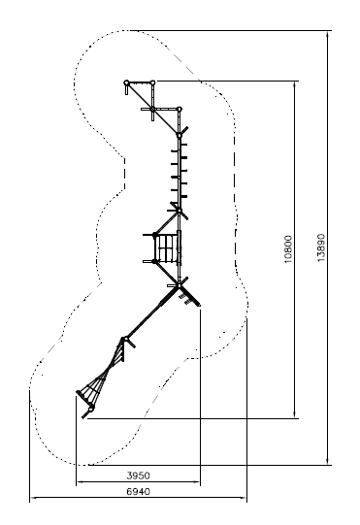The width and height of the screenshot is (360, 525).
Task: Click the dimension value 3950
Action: pyautogui.click(x=138, y=476)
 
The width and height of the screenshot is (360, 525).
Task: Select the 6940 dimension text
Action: pyautogui.click(x=138, y=491)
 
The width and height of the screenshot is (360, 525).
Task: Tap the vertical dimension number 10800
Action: pyautogui.click(x=288, y=249)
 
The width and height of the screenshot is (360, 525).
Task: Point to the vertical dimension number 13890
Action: pyautogui.click(x=321, y=247)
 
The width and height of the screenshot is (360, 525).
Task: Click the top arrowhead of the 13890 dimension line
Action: pyautogui.click(x=328, y=34)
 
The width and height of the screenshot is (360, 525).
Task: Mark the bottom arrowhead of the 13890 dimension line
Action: pyautogui.click(x=328, y=461)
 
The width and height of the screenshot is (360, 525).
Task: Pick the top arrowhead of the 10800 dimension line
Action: pyautogui.click(x=295, y=84)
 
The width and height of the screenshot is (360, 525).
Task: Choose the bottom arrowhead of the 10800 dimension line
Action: pyautogui.click(x=295, y=414)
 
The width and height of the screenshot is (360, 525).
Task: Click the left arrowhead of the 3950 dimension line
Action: pyautogui.click(x=80, y=482)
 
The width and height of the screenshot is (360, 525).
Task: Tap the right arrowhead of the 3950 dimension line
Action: pyautogui.click(x=197, y=482)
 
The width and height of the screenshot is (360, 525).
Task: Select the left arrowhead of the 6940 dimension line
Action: pyautogui.click(x=34, y=498)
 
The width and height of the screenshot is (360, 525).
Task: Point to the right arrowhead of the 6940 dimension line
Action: pyautogui.click(x=244, y=498)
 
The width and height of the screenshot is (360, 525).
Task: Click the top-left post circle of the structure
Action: pyautogui.click(x=126, y=82)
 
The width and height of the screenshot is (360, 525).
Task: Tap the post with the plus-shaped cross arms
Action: pyautogui.click(x=152, y=109)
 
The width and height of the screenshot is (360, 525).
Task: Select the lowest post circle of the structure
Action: pyautogui.click(x=91, y=408)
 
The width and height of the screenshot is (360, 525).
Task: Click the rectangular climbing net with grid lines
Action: pyautogui.click(x=168, y=248)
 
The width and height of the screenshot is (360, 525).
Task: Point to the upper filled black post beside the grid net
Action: pyautogui.click(x=154, y=235)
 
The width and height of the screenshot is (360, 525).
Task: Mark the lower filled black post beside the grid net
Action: pyautogui.click(x=154, y=261)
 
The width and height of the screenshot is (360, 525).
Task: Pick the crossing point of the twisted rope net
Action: pyautogui.click(x=108, y=371)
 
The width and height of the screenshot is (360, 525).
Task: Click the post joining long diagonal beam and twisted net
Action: pyautogui.click(x=126, y=339)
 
